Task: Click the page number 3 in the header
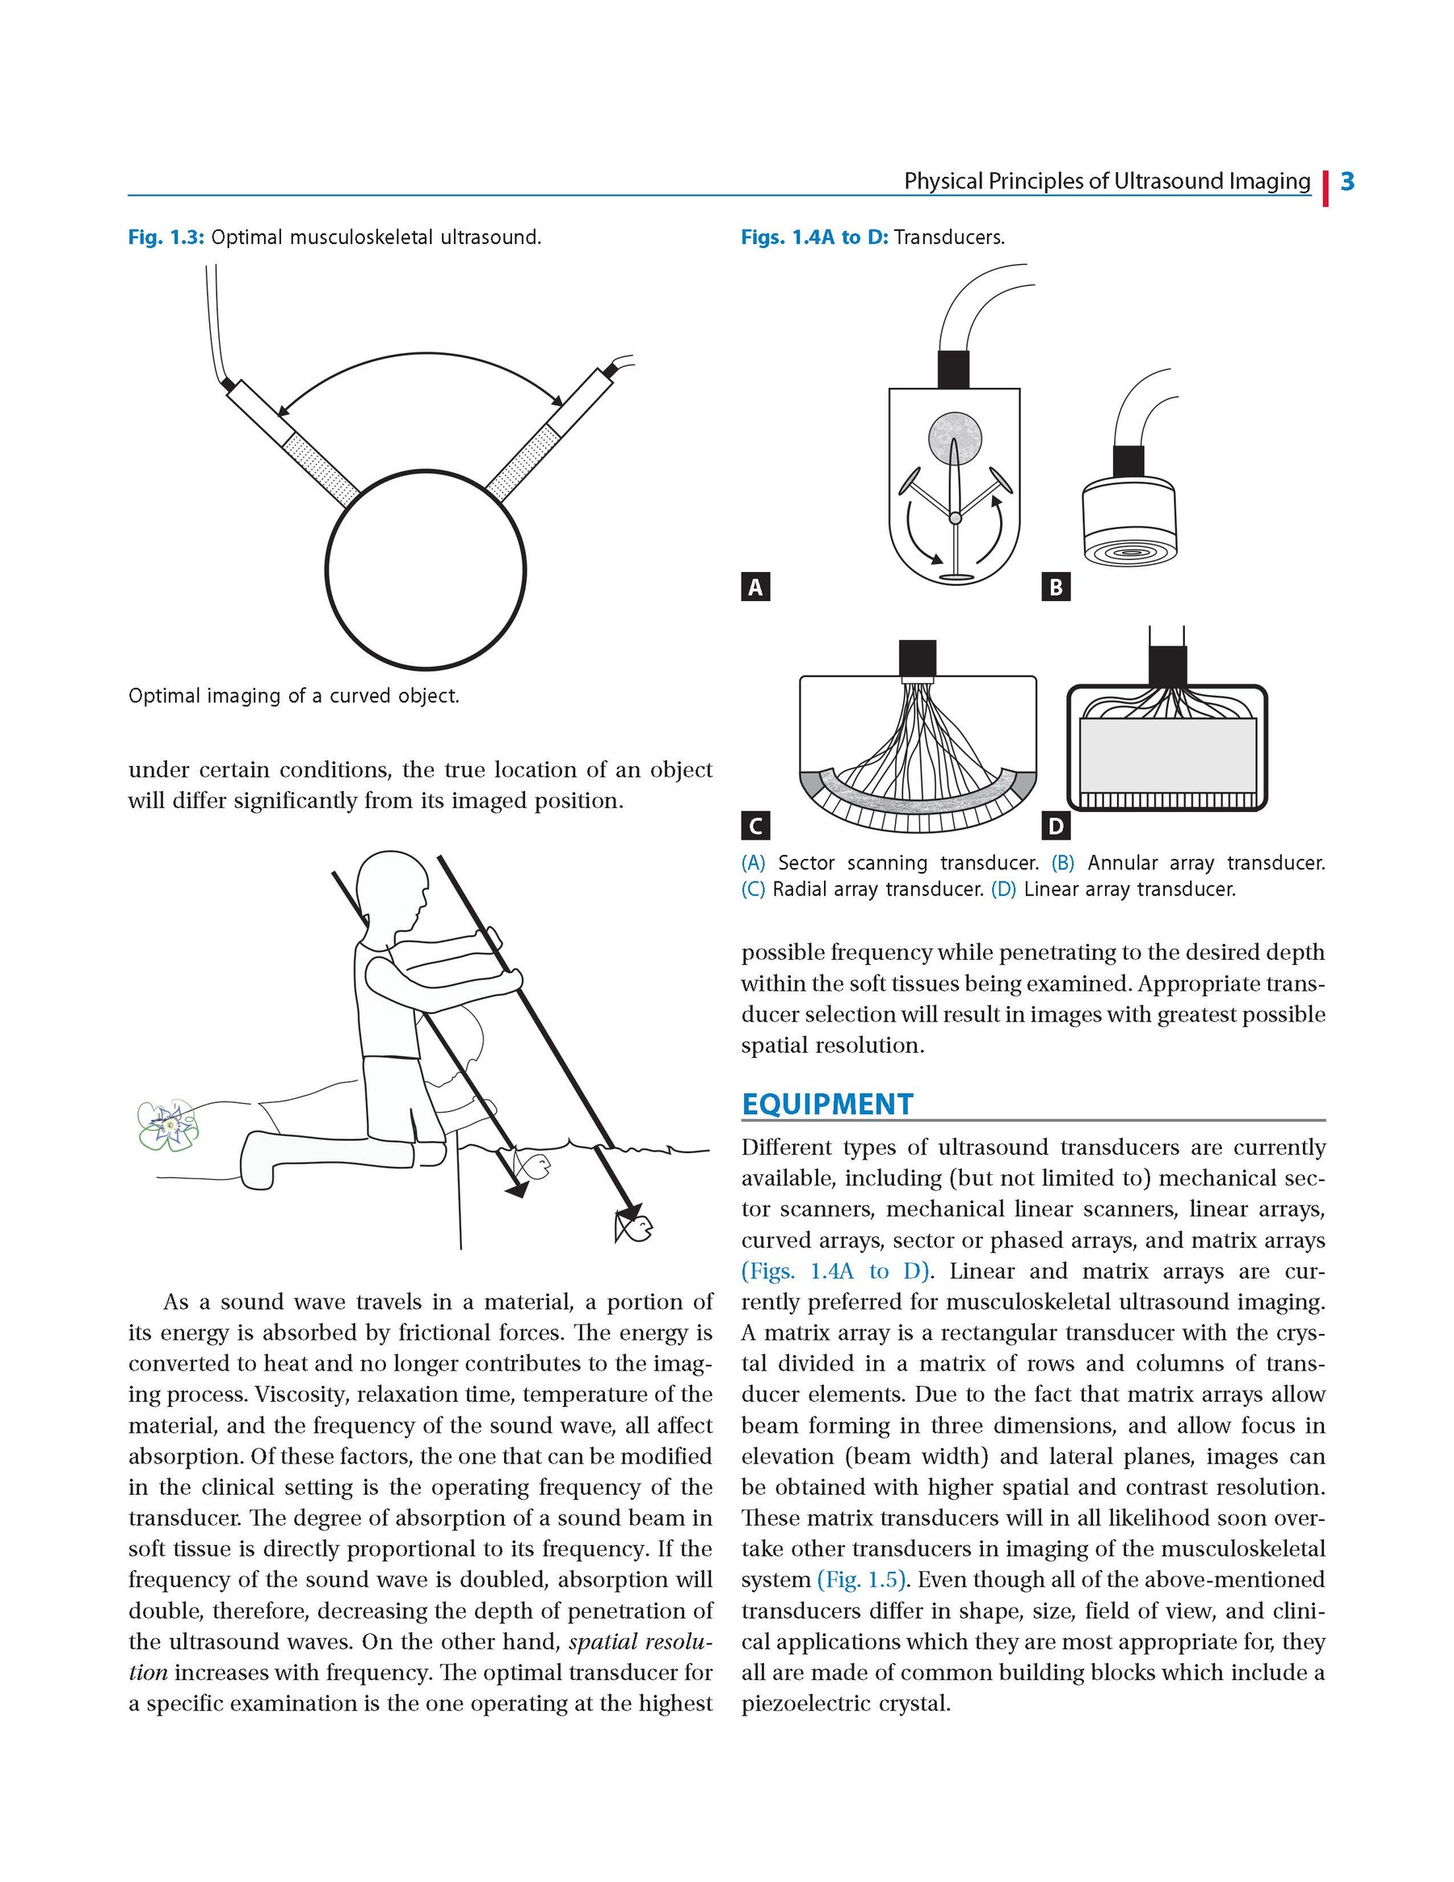pos(1347,182)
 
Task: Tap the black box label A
pos(755,587)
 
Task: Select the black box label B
pos(1056,587)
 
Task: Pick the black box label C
pos(755,827)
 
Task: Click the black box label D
pos(1056,827)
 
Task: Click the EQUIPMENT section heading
pos(827,1105)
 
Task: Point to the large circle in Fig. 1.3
pos(426,570)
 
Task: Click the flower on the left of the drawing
pos(168,1125)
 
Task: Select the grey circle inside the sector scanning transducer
pos(955,436)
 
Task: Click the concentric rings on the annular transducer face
pos(1128,550)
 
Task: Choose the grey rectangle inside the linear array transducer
pos(1167,755)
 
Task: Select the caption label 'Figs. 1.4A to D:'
pos(814,238)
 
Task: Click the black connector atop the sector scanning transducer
pos(953,368)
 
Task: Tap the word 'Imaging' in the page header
pos(1270,182)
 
